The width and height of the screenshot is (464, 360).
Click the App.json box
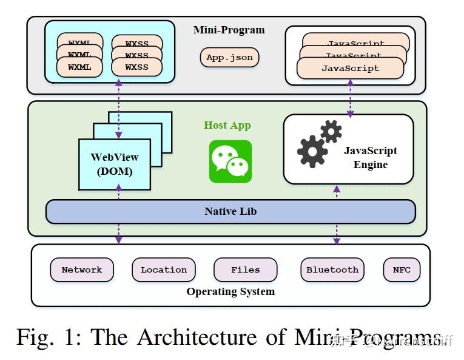229,58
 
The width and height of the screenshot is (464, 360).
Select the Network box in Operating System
82,270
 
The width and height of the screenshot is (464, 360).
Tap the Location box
164,270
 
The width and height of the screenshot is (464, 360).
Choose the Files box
245,270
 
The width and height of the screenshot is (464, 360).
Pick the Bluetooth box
332,270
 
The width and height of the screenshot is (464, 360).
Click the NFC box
402,270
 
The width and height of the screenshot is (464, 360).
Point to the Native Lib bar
230,211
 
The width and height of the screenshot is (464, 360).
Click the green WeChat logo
230,161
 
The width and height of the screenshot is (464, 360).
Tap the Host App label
227,126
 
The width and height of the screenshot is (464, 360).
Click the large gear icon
312,151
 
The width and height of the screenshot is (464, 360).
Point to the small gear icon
331,131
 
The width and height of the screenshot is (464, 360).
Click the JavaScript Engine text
370,158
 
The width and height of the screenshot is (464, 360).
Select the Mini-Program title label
229,30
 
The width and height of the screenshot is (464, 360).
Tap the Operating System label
230,291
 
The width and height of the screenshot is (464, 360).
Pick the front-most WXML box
79,67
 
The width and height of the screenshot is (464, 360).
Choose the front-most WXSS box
136,67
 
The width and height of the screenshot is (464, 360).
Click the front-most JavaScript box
350,69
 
